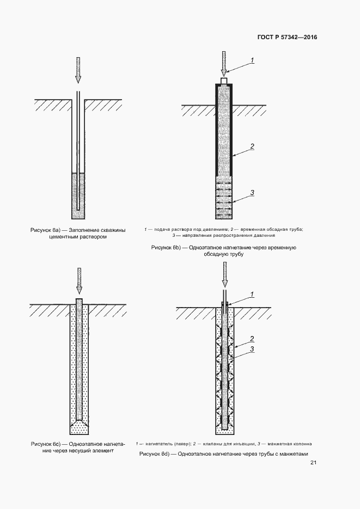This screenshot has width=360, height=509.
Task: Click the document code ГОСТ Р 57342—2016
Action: [287, 38]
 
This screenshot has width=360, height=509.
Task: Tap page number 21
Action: [313, 463]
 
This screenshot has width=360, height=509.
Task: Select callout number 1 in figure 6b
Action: [253, 60]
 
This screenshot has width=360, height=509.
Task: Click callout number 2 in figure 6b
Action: [252, 146]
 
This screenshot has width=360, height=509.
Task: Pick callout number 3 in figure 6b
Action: [252, 192]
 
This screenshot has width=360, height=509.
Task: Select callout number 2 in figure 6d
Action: [252, 338]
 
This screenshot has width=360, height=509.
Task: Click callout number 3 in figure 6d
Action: [252, 349]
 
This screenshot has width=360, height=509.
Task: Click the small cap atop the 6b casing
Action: [224, 81]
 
